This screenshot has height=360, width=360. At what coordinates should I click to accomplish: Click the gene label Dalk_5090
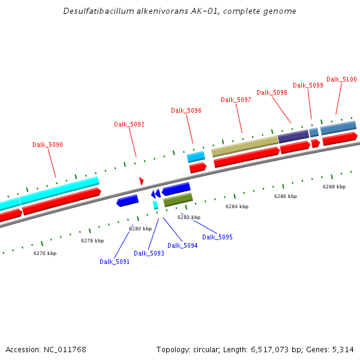[x=47, y=145]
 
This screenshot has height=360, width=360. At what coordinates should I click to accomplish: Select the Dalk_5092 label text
[x=129, y=124]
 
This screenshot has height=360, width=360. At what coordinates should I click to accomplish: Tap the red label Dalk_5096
[x=186, y=110]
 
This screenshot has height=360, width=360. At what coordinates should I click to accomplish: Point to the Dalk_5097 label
[x=236, y=100]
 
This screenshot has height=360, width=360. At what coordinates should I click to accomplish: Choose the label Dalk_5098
[x=272, y=92]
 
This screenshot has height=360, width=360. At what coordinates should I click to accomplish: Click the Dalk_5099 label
[x=308, y=85]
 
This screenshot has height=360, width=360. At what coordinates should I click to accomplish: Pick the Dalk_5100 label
[x=341, y=79]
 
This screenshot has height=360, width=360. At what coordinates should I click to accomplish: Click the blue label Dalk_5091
[x=115, y=262]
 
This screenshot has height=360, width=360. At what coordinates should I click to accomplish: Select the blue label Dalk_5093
[x=149, y=253]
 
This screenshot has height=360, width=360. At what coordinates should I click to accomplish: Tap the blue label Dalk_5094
[x=182, y=245]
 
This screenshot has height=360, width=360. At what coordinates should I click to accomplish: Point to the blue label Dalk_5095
[x=217, y=237]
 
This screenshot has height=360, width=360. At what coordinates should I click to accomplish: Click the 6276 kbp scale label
[x=44, y=253]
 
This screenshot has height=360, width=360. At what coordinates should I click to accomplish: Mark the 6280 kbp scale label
[x=140, y=229]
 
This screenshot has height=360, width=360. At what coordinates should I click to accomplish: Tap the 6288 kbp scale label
[x=334, y=187]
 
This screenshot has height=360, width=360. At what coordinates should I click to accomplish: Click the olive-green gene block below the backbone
[x=178, y=200]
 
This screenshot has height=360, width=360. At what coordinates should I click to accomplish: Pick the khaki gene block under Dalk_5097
[x=245, y=146]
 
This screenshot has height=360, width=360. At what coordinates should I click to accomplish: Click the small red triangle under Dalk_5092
[x=141, y=181]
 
